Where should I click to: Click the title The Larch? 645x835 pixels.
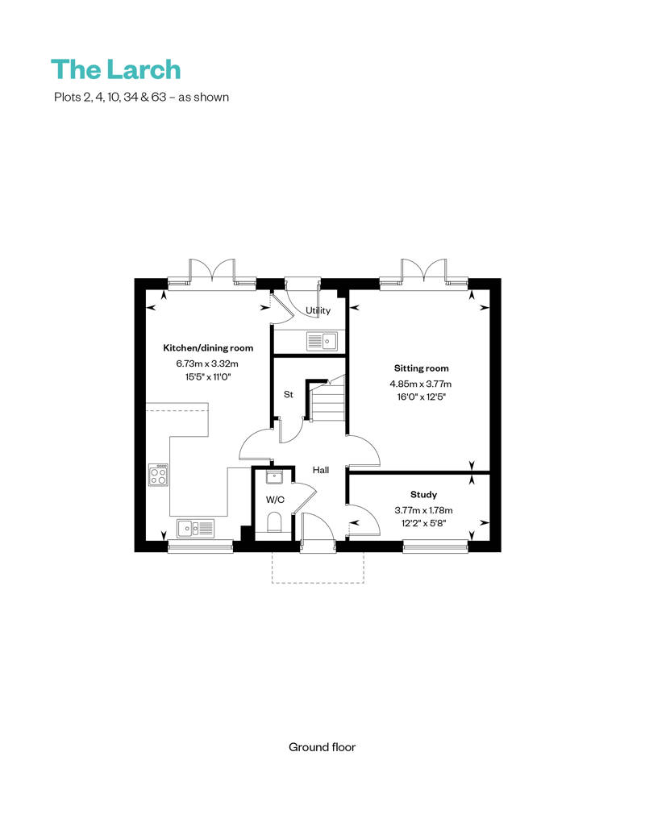115,69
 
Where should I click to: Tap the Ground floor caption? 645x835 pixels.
322,747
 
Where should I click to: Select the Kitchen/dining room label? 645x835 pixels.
208,348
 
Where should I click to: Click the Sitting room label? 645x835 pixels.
422,368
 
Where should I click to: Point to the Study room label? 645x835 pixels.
423,495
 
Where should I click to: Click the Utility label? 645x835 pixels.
318,310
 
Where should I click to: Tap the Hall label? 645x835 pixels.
321,470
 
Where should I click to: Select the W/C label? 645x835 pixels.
275,500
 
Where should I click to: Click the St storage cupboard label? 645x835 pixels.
287,395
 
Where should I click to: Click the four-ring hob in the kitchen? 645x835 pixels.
159,475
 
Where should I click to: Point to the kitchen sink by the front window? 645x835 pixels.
198,529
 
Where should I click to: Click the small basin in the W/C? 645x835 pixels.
274,477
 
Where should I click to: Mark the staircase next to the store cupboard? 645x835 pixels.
327,401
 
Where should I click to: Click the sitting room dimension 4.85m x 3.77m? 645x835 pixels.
422,384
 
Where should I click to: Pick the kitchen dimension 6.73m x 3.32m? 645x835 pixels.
208,363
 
